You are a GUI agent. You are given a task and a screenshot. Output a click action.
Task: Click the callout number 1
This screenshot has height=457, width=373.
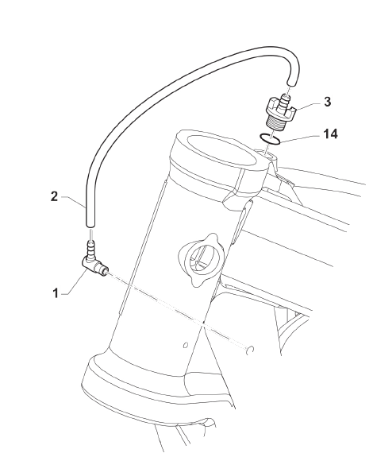tap(56, 293)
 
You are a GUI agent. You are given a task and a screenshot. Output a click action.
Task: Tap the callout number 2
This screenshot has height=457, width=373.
tap(55, 197)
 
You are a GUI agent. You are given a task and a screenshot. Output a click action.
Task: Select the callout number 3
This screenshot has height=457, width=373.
tap(328, 102)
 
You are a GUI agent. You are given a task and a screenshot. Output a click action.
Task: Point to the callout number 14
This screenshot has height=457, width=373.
tap(330, 134)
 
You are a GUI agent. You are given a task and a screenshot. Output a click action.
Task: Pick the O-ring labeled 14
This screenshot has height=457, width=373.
tap(270, 138)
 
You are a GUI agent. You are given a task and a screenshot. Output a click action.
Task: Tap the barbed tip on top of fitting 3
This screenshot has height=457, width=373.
tap(285, 101)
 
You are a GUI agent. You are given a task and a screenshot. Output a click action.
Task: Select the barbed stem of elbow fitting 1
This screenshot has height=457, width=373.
tap(91, 248)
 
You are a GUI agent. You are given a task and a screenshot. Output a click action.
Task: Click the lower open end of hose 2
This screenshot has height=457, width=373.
tap(90, 225)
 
